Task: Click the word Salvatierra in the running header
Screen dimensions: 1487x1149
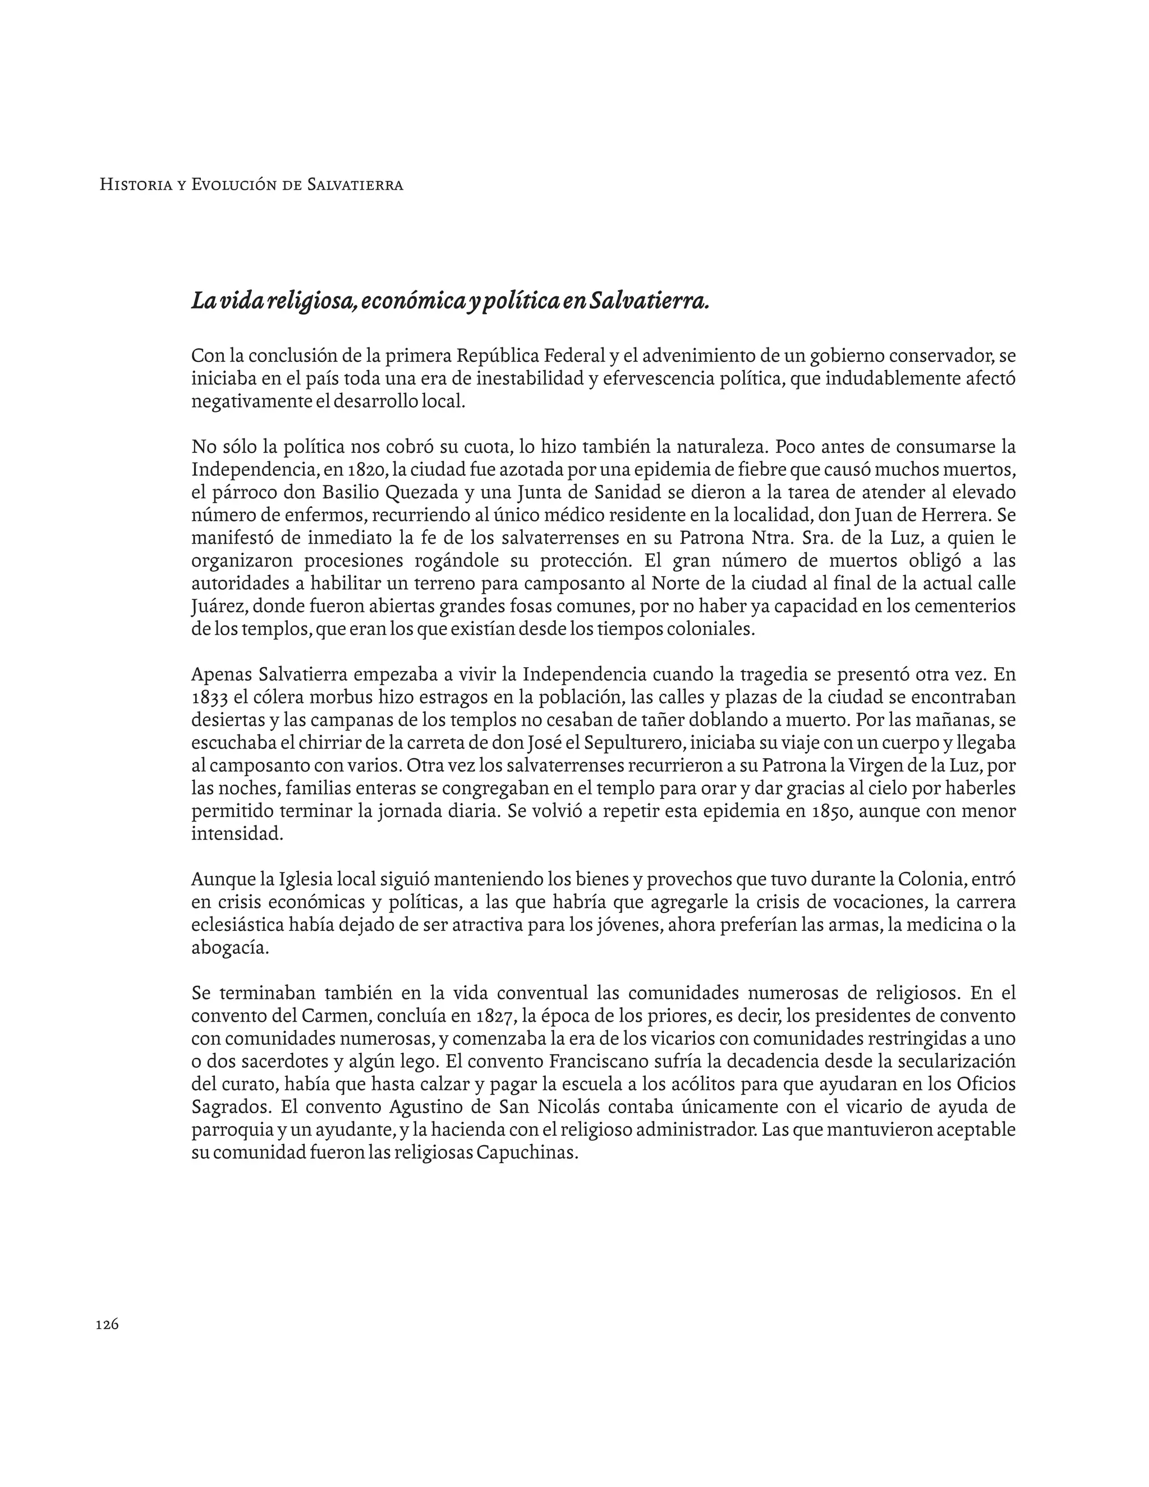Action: [x=355, y=185]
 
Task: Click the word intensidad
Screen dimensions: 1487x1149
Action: [x=236, y=834]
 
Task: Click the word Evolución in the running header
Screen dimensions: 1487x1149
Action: [x=235, y=185]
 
